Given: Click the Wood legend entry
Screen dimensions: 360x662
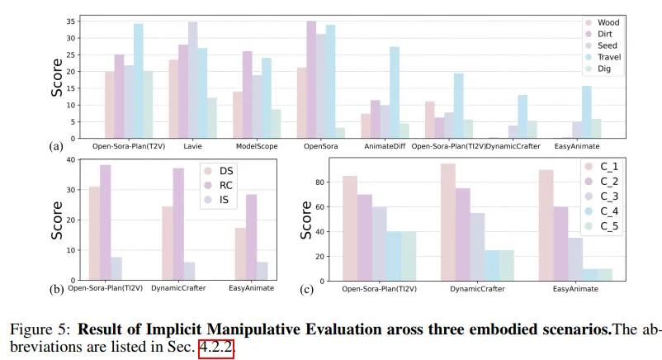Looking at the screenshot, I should [608, 22].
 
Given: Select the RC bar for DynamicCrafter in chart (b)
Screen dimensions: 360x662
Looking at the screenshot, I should [178, 224].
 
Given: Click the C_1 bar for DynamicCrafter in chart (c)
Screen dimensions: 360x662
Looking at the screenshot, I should [448, 222].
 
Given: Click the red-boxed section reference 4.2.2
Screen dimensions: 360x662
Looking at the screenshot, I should [217, 348].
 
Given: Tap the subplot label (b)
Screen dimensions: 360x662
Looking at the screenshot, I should [57, 289].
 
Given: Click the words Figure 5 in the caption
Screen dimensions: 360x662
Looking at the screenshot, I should [38, 329].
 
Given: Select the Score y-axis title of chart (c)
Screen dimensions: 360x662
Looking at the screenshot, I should [305, 220].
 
